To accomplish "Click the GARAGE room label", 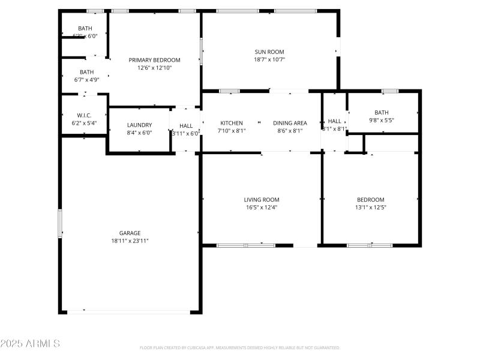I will click(x=130, y=233).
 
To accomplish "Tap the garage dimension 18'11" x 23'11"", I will click(x=130, y=241).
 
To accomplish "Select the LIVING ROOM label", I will click(x=261, y=200).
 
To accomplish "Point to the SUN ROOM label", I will click(x=269, y=52).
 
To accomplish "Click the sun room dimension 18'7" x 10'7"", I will click(x=269, y=59).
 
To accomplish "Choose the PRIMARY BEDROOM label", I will click(x=155, y=60).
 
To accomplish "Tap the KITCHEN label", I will click(x=231, y=123).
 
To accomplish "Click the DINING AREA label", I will click(x=290, y=123).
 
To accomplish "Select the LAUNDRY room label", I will click(x=139, y=125).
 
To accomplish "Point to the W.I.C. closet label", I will click(x=84, y=115).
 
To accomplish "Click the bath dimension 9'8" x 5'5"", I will click(x=382, y=120).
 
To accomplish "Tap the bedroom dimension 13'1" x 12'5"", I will click(x=371, y=208).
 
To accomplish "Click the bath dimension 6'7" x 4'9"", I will click(x=87, y=80).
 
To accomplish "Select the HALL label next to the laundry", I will click(x=186, y=126).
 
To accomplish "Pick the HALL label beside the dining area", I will click(x=334, y=121).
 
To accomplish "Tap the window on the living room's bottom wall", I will click(x=245, y=245).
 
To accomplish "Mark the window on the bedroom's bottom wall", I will click(x=370, y=245).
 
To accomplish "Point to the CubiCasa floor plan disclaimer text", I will click(x=240, y=347).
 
